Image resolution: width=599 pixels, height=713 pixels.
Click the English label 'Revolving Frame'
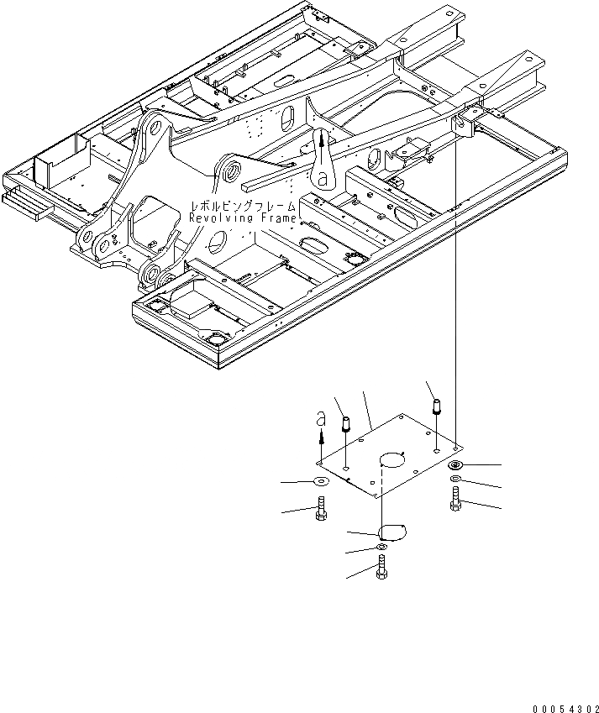[x=243, y=218]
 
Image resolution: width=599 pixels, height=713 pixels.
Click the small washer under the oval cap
[x=383, y=548]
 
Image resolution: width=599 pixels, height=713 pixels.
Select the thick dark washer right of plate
[x=455, y=466]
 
